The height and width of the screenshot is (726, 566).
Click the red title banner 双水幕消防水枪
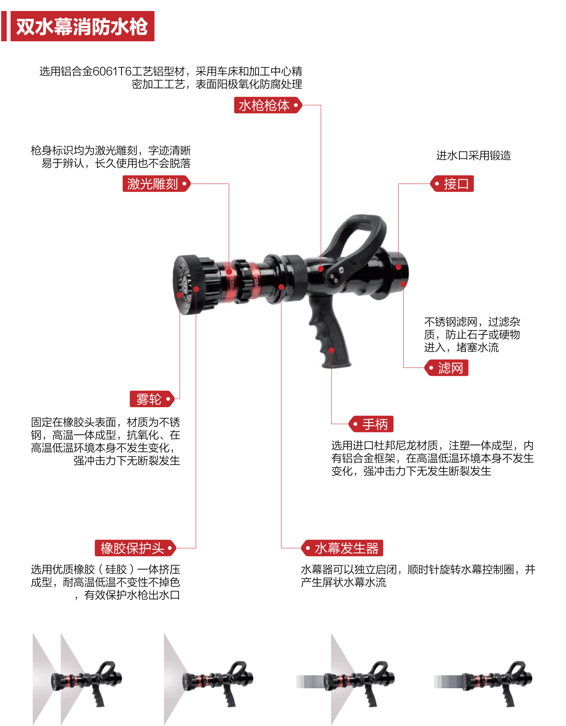(82, 26)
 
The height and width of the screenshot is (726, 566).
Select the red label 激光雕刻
(156, 184)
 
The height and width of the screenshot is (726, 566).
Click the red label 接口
(452, 184)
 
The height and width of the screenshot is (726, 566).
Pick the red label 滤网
(447, 368)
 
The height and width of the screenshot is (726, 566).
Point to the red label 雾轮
(152, 399)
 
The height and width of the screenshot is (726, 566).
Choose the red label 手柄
(371, 424)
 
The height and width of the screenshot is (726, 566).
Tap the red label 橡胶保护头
(135, 548)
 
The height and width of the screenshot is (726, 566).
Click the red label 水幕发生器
(342, 548)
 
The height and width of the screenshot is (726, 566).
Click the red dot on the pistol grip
(331, 350)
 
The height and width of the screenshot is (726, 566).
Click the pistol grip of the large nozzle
(329, 332)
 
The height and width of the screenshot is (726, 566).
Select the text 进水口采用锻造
(474, 156)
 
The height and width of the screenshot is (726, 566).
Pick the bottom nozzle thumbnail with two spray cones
(77, 679)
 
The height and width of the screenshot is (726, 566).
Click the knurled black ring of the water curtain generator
(294, 278)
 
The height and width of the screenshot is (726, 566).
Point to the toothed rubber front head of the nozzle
(193, 284)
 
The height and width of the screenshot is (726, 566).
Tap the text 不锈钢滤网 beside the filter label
(451, 322)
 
